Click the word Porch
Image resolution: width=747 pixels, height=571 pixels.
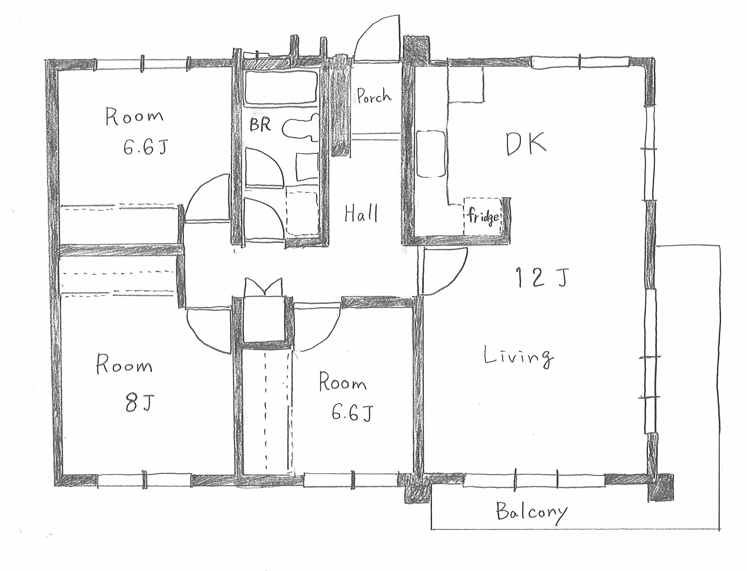coord(374,95)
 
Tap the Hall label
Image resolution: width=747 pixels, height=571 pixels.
coord(361,213)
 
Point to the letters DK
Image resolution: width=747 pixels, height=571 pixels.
coord(526,144)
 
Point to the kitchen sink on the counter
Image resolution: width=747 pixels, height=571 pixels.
coord(431,154)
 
